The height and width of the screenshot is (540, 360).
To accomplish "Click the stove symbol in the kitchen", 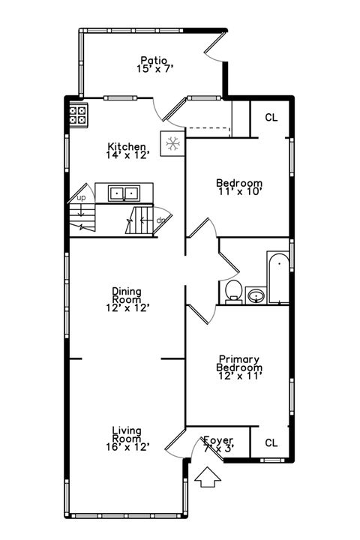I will click(77, 114).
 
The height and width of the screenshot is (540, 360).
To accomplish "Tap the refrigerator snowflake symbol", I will click(172, 143).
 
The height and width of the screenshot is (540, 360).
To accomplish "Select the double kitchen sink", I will click(123, 193).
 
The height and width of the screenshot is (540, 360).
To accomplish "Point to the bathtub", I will click(277, 277).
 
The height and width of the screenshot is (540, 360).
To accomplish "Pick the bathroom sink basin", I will click(256, 295).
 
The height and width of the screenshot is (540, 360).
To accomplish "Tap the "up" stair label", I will click(81, 198).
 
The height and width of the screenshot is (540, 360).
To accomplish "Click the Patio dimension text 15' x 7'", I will click(156, 69).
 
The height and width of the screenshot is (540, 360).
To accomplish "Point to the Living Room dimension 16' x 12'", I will click(127, 446).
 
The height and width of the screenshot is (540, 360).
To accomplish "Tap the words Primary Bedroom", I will click(239, 364).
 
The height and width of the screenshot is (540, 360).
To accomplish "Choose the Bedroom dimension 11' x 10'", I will click(239, 192).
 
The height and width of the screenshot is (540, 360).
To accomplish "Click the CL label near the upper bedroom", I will click(271, 118).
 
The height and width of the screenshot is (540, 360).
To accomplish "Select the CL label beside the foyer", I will click(271, 442).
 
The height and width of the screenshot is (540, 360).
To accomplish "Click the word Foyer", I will click(218, 439).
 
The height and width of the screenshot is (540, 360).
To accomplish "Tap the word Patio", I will click(154, 60).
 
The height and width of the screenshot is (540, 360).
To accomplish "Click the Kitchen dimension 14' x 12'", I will click(127, 155).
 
